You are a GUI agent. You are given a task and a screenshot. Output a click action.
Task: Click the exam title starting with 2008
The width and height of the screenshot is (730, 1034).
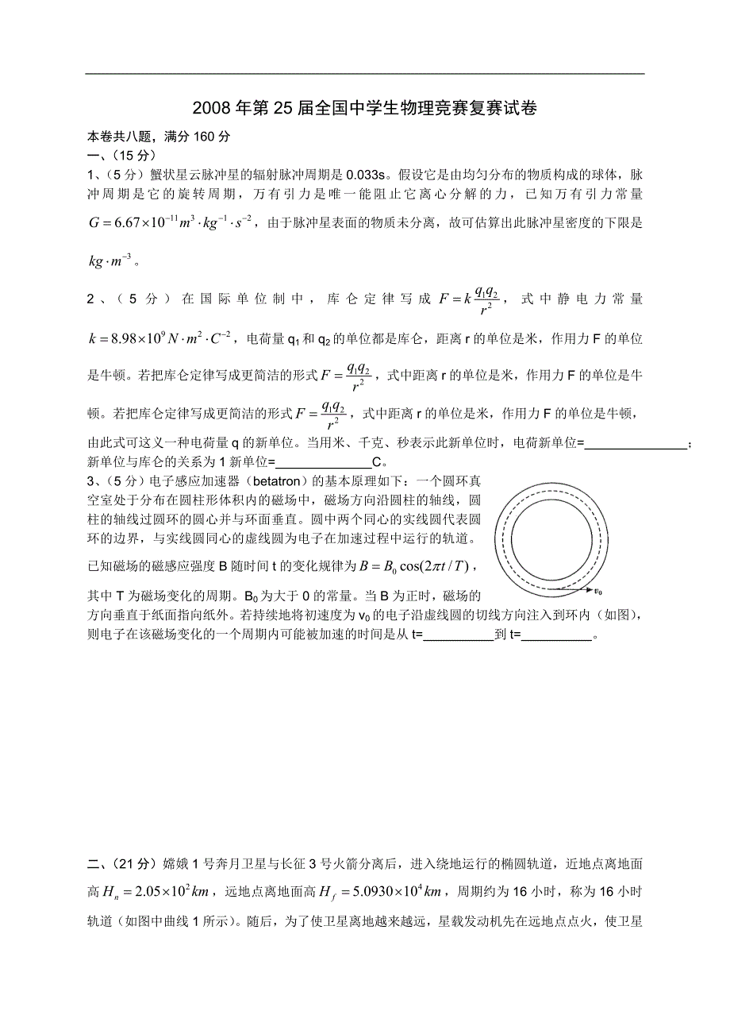[364, 109]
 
